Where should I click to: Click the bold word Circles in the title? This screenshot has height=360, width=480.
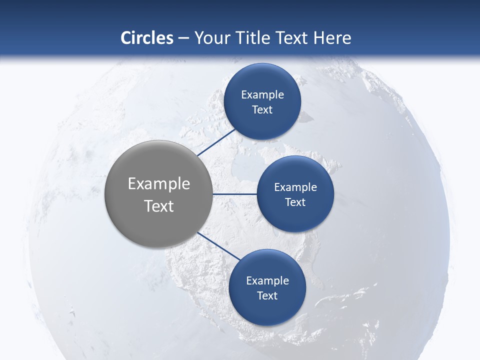click(147, 38)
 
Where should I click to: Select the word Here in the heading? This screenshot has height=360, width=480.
click(332, 38)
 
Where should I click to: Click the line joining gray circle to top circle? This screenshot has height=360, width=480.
click(216, 142)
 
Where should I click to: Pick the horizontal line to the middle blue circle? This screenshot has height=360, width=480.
click(234, 194)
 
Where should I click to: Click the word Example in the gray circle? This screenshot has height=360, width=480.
click(159, 184)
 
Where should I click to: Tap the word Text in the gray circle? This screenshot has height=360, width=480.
click(159, 206)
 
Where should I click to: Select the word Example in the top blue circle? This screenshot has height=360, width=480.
click(262, 95)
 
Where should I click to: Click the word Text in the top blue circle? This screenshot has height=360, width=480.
click(262, 110)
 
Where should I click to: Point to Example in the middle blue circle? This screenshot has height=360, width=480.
click(295, 187)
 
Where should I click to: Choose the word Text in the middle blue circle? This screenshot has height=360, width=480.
click(295, 202)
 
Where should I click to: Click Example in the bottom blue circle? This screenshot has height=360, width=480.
click(267, 281)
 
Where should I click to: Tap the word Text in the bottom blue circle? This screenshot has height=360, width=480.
click(267, 296)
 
